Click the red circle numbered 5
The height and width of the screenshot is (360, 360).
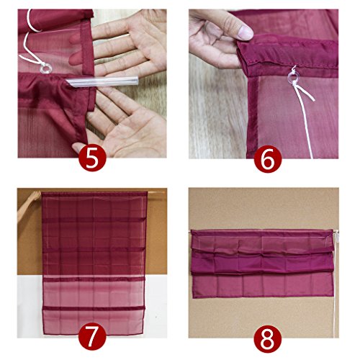click(x=92, y=158)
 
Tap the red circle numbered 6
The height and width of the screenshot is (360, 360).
click(x=268, y=158)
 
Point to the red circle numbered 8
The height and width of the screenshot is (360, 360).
click(x=268, y=338)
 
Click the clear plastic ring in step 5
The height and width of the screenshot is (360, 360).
click(x=45, y=68)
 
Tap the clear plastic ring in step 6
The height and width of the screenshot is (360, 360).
click(x=293, y=78)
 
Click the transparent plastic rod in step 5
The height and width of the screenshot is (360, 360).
click(x=102, y=81)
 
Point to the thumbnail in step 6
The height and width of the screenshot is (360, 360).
click(x=245, y=32)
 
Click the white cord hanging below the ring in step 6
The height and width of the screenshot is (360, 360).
click(x=305, y=120)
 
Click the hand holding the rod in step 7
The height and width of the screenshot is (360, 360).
click(x=29, y=204)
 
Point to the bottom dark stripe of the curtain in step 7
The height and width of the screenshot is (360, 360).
click(x=94, y=308)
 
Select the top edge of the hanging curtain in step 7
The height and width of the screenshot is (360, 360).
click(x=94, y=194)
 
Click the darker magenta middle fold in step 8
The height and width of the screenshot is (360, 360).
click(x=262, y=264)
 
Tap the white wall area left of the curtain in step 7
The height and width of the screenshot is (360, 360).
click(x=30, y=305)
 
